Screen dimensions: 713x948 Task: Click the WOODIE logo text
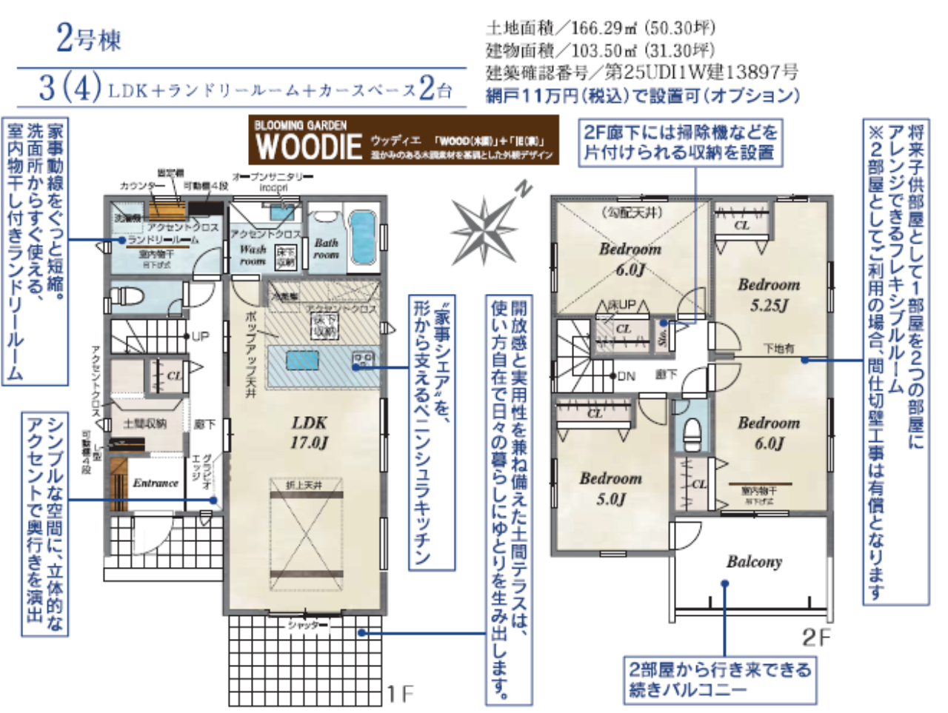[x=309, y=146]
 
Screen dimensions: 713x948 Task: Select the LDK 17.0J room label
[x=309, y=432]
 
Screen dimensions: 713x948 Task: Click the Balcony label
[x=753, y=562]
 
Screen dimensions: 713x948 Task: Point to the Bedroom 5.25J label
[x=769, y=294]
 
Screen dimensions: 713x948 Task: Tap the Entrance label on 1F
[x=156, y=483]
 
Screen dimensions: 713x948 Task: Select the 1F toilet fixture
[x=130, y=296]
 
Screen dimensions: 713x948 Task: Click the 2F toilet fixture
[x=692, y=430]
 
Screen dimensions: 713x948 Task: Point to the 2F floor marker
[x=816, y=637]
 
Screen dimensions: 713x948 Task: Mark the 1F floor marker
[x=400, y=693]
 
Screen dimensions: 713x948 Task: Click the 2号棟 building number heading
[x=88, y=38]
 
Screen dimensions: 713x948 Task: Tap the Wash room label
[x=252, y=255]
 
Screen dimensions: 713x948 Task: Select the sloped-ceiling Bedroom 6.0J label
[x=630, y=258]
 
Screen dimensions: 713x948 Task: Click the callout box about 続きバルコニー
[x=719, y=679]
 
